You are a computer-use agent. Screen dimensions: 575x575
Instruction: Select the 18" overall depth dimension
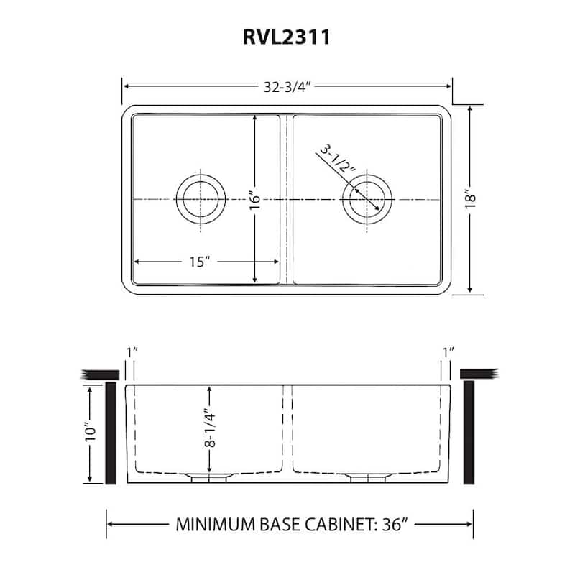pyautogui.click(x=471, y=198)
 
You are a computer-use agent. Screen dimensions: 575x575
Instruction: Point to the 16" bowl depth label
pyautogui.click(x=254, y=199)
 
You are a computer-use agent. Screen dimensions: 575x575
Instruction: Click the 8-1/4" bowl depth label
pyautogui.click(x=209, y=429)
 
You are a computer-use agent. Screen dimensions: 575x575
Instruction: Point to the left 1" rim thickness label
pyautogui.click(x=130, y=352)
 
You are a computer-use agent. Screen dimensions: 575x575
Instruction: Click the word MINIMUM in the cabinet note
pyautogui.click(x=213, y=524)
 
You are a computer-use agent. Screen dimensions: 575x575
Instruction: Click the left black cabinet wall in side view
pyautogui.click(x=112, y=433)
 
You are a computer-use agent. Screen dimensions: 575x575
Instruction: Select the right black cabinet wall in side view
pyautogui.click(x=469, y=433)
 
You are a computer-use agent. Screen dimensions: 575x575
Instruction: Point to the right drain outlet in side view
pyautogui.click(x=367, y=477)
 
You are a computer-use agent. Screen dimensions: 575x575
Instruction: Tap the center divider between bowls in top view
pyautogui.click(x=287, y=199)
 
